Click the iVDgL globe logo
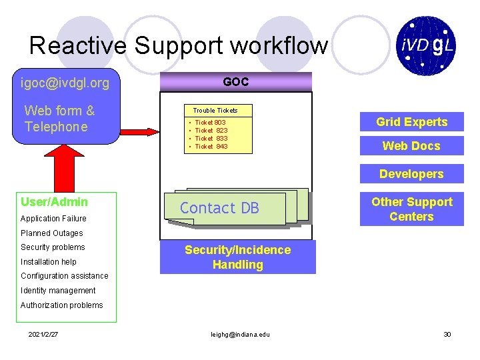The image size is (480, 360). tap(427, 45)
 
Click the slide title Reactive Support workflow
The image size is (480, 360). tap(179, 46)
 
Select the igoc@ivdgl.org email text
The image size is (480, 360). tap(65, 83)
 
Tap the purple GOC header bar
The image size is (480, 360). tap(236, 81)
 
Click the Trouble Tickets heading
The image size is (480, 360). tap(215, 110)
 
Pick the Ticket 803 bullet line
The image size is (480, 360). tap(210, 123)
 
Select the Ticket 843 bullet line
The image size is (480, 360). tap(211, 147)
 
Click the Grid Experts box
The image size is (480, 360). tap(411, 122)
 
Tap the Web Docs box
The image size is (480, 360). tap(411, 146)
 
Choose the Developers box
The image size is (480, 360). tap(411, 174)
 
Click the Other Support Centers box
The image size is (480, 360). tap(411, 209)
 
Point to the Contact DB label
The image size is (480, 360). tap(219, 208)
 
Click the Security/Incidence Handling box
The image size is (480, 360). tap(238, 257)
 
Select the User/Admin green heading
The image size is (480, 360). tap(55, 202)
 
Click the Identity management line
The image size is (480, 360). tap(58, 291)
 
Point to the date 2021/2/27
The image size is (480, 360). tap(43, 334)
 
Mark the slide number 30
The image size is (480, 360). tap(447, 334)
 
